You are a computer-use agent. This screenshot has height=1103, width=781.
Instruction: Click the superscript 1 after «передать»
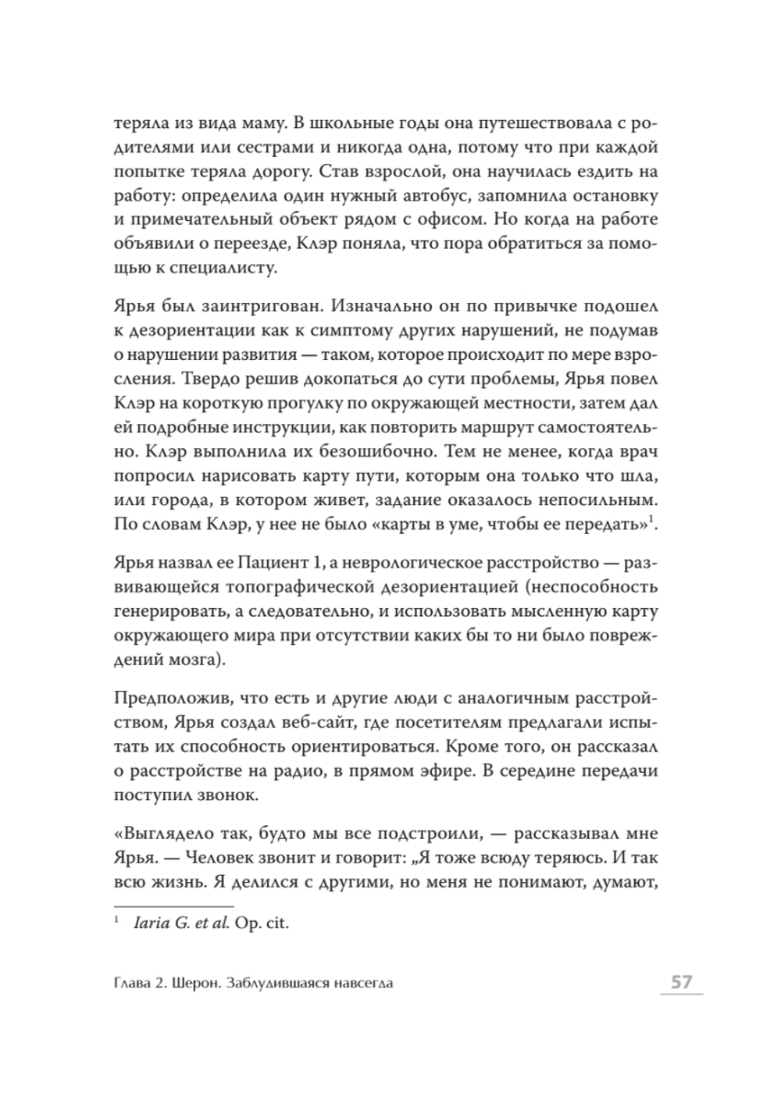pos(655,518)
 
